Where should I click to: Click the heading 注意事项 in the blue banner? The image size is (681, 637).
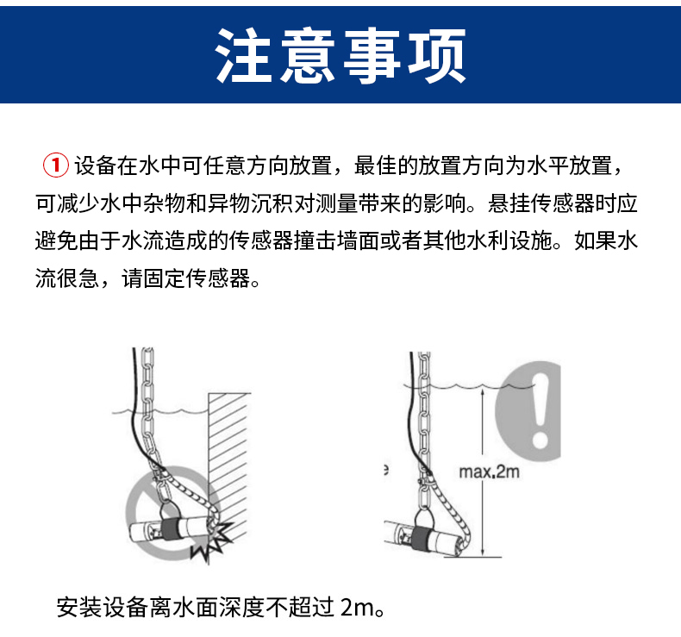click(340, 55)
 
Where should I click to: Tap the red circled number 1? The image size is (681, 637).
click(55, 165)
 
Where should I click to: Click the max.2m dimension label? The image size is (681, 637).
click(489, 472)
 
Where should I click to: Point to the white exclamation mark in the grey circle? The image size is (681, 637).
click(540, 410)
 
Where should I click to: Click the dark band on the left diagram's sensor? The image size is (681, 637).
click(170, 528)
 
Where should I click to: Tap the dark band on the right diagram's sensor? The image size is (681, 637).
click(421, 538)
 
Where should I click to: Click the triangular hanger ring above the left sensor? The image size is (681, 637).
click(166, 510)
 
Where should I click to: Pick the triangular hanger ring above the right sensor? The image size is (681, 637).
click(423, 517)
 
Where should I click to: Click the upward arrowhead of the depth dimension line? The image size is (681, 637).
click(483, 393)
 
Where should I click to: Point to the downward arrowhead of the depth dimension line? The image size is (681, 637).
click(483, 552)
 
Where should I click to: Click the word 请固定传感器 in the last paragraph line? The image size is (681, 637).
click(186, 278)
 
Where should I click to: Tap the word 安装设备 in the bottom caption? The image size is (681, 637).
click(103, 607)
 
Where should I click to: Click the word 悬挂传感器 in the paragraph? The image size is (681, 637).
click(541, 203)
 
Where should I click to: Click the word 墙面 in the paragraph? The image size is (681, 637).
click(358, 241)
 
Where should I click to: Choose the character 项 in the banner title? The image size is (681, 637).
click(437, 55)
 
